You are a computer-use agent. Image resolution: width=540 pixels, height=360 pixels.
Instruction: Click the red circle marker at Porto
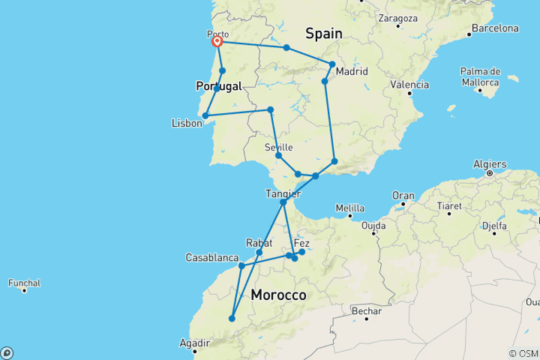click(217, 42)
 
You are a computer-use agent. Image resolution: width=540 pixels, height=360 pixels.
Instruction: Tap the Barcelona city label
click(493, 28)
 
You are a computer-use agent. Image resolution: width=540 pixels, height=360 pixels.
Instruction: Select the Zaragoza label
click(397, 16)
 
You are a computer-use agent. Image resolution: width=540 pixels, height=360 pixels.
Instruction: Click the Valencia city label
click(409, 83)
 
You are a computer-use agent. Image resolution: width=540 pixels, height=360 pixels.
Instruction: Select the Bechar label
click(367, 310)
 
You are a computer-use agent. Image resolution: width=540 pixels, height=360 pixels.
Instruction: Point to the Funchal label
click(25, 283)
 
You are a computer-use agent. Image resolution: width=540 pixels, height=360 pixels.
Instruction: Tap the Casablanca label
click(212, 258)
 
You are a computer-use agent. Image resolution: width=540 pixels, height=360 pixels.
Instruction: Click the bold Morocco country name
click(278, 295)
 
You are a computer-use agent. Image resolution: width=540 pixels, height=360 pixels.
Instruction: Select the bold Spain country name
click(324, 33)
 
